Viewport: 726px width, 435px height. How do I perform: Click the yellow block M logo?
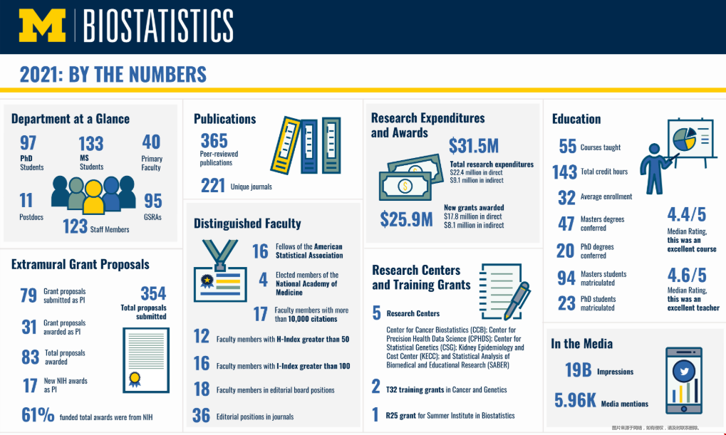(x=42, y=26)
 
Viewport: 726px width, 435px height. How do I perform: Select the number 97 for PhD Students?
(x=28, y=142)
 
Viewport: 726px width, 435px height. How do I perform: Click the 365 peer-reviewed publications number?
(x=214, y=140)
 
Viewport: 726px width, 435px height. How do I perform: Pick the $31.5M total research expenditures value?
(x=474, y=146)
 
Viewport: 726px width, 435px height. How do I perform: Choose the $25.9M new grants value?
(x=406, y=219)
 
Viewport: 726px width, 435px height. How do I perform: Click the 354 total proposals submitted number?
(x=153, y=293)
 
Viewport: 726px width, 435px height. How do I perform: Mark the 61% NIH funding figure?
(x=38, y=415)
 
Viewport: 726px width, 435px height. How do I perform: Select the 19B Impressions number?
(x=579, y=370)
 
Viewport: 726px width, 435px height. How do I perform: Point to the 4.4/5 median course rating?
(x=687, y=214)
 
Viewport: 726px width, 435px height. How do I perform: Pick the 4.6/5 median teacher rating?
(x=687, y=275)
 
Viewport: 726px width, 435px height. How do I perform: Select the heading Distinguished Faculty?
(x=247, y=224)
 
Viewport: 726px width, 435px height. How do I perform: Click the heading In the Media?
(x=581, y=344)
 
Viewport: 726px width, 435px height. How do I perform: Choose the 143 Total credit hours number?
(x=565, y=172)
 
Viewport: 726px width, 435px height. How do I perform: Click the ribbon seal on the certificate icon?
(x=134, y=377)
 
